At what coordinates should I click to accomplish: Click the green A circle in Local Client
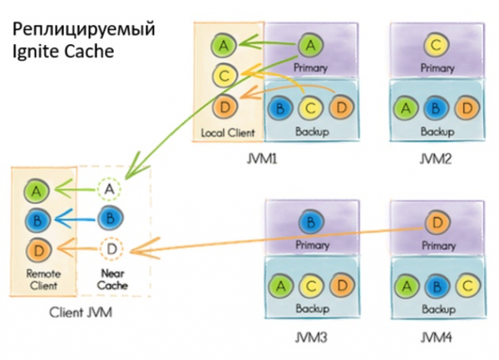222,44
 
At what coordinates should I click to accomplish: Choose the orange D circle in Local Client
222,106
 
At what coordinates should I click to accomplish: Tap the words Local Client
226,132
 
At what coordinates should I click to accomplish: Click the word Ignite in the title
31,50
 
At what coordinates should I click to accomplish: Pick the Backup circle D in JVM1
340,107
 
